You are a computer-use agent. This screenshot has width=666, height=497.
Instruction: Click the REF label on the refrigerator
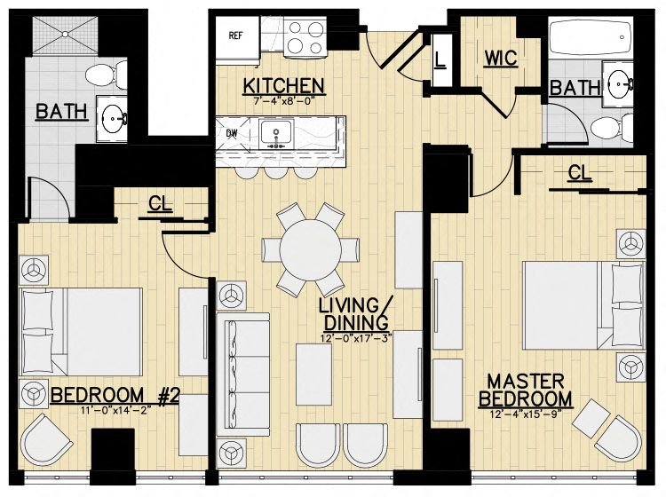[x=236, y=36]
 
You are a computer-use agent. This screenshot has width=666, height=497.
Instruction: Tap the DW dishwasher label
[x=232, y=134]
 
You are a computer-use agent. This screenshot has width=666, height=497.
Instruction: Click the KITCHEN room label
[x=283, y=85]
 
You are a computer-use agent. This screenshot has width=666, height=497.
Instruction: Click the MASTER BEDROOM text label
[x=525, y=389]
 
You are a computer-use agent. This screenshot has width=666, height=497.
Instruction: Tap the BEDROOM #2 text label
[x=115, y=395]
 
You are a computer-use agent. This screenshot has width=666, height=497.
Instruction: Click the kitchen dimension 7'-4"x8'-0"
[x=283, y=102]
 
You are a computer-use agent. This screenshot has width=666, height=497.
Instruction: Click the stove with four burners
[x=305, y=36]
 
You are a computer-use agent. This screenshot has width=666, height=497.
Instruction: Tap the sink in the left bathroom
[x=113, y=115]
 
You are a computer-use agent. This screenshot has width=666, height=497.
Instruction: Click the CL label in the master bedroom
[x=580, y=172]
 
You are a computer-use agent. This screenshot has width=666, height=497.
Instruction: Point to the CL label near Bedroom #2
[x=160, y=203]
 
